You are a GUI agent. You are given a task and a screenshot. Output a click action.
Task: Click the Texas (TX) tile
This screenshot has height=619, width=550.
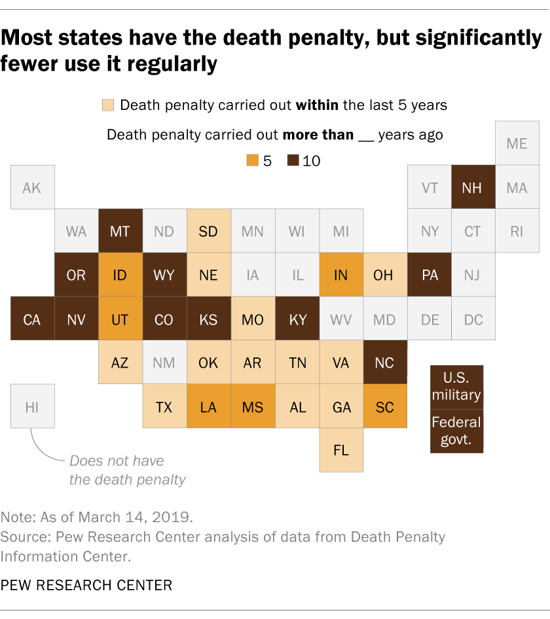(164, 406)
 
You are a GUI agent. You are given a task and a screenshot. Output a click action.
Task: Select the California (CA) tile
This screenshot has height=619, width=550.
(32, 319)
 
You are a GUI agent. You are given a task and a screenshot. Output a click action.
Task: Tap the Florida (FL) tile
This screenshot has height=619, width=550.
(341, 450)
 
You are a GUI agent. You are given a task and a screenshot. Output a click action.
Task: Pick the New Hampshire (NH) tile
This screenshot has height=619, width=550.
(472, 187)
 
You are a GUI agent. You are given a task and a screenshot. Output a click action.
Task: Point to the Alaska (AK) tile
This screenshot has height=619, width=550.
(32, 187)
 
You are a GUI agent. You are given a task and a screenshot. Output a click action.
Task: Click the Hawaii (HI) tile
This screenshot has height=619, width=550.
(32, 406)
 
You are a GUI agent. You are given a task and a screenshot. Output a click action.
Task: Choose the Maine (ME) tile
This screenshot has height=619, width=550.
(517, 143)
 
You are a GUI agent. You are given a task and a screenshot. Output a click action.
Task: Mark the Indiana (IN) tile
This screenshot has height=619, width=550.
(341, 275)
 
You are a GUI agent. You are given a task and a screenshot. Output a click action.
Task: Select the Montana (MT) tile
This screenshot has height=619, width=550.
(120, 231)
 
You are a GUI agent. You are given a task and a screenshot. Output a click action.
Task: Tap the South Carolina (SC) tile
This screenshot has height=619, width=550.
(385, 406)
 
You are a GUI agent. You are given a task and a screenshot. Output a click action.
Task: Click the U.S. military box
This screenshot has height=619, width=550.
(456, 387)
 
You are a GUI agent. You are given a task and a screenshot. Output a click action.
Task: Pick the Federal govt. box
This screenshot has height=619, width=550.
(456, 431)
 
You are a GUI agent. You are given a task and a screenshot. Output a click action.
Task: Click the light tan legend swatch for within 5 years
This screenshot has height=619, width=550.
(108, 105)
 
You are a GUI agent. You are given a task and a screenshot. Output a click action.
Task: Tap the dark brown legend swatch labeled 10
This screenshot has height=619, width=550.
(292, 160)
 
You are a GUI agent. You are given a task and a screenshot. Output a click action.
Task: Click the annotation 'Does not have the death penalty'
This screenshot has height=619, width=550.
(128, 470)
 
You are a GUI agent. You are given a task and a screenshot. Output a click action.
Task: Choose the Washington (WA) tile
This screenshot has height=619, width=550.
(76, 231)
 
